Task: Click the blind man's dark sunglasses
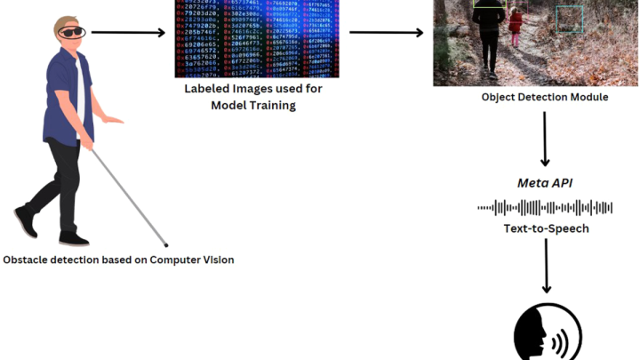tap(70, 33)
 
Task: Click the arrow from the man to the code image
tap(129, 33)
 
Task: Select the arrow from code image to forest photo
tap(386, 33)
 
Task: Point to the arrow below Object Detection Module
tap(545, 139)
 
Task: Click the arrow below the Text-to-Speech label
tap(546, 267)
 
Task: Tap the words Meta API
tap(545, 184)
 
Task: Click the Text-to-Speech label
tap(545, 228)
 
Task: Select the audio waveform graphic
tap(545, 207)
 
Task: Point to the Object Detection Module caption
tap(545, 97)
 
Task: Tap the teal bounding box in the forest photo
tap(569, 20)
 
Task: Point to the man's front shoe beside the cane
tap(74, 238)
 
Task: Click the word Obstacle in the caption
tap(28, 260)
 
